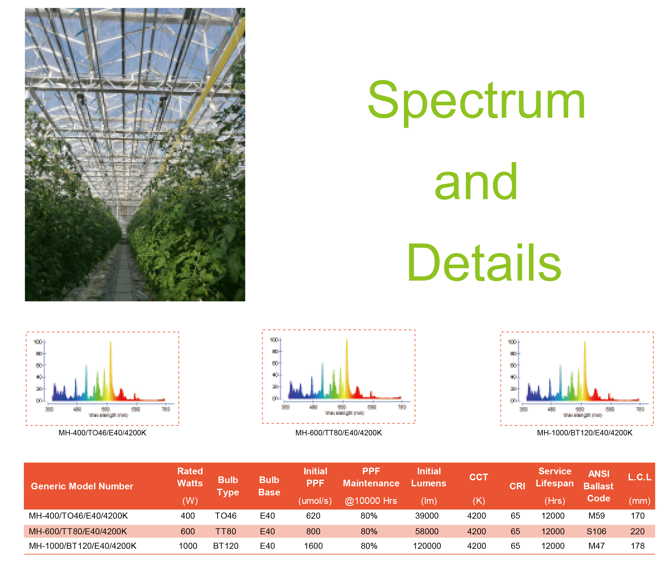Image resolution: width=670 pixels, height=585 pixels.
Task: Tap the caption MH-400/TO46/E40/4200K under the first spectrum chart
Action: [102, 433]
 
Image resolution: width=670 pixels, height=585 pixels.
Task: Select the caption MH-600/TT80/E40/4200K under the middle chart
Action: [338, 433]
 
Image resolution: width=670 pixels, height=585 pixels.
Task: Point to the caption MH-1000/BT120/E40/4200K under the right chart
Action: [585, 433]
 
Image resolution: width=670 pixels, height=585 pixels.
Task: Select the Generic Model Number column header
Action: [82, 486]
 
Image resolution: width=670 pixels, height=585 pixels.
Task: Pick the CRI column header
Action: [517, 486]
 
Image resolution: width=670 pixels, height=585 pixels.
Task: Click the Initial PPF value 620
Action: [313, 516]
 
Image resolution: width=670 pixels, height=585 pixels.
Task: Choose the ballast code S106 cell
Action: [596, 532]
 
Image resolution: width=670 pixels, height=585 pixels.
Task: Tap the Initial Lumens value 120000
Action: [427, 546]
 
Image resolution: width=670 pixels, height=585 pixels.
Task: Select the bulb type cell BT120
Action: [226, 546]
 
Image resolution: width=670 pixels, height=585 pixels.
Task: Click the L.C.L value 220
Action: [637, 532]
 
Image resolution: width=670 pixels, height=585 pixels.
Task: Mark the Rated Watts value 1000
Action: [188, 546]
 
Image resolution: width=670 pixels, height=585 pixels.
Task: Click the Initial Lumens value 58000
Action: [427, 532]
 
